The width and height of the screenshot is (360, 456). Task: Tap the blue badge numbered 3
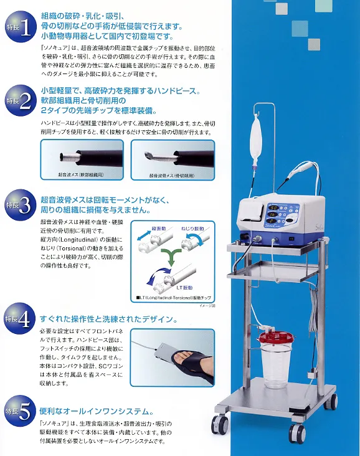pos(19,206)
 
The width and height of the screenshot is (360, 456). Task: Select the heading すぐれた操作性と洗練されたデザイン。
pos(110,320)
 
